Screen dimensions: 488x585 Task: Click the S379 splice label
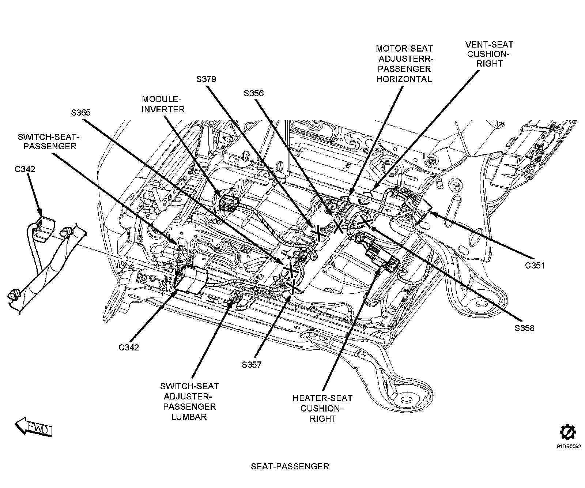206,79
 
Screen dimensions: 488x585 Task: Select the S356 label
254,93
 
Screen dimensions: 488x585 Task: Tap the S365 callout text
81,113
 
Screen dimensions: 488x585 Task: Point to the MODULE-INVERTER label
163,104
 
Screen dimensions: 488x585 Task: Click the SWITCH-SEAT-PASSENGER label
48,141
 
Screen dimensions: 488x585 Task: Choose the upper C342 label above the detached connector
25,169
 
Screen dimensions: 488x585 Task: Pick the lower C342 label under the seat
129,347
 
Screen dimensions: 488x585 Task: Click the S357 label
252,364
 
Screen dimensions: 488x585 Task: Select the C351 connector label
535,265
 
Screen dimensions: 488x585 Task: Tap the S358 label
524,328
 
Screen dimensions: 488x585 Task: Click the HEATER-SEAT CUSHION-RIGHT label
322,408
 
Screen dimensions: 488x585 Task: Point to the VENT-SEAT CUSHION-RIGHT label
489,54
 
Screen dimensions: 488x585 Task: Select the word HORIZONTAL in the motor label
404,79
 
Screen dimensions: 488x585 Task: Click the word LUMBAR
189,417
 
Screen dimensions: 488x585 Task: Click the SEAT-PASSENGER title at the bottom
290,466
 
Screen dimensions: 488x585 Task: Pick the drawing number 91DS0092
569,446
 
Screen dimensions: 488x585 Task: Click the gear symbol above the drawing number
568,432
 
